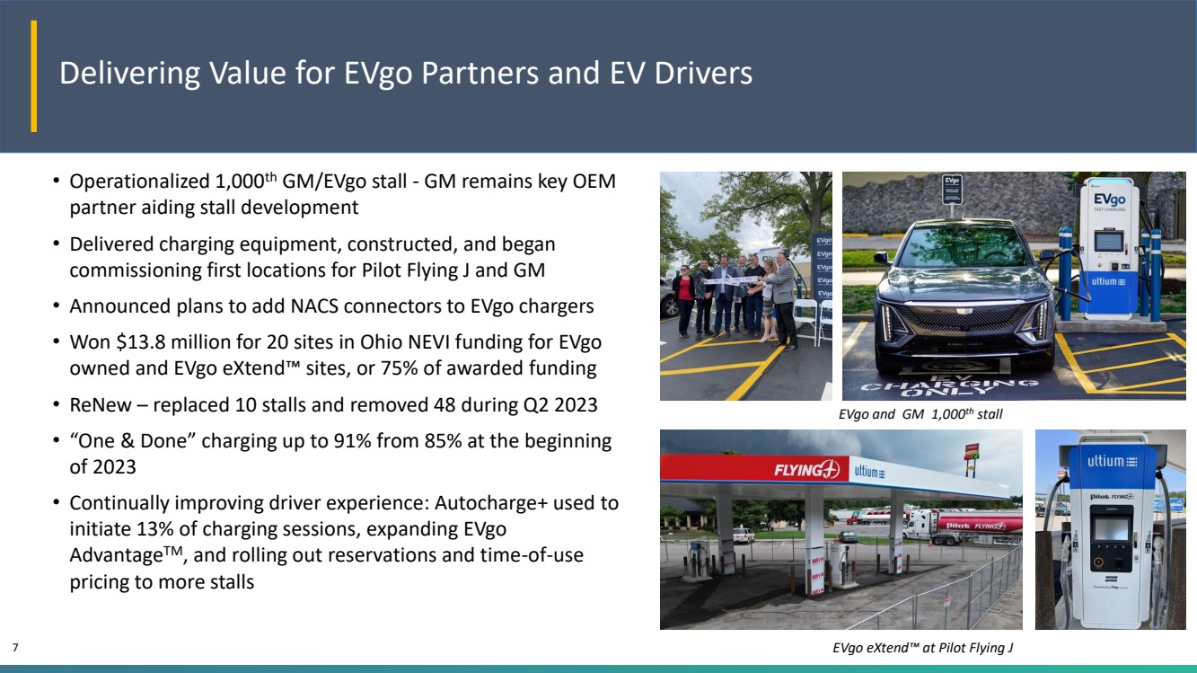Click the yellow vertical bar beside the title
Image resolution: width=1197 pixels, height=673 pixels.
coord(34,75)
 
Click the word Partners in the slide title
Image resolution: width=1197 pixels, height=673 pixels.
coord(480,74)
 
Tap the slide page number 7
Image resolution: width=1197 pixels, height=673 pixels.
coord(15,647)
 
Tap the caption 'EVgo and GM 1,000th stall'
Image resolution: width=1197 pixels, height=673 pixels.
coord(920,413)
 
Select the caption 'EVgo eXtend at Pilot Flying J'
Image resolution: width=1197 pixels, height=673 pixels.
coord(922,648)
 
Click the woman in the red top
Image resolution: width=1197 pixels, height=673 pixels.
coord(683,301)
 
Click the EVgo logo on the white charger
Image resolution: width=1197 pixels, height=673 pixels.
coord(1109,199)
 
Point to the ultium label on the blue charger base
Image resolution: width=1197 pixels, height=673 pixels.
coord(1108,282)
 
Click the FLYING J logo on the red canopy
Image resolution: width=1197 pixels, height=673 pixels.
coord(807,470)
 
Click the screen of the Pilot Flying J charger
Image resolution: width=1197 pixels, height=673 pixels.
coord(1112,529)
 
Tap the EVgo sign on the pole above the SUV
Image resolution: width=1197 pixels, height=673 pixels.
coord(952,189)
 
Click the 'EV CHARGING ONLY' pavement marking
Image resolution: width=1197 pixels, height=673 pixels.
coord(949,385)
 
